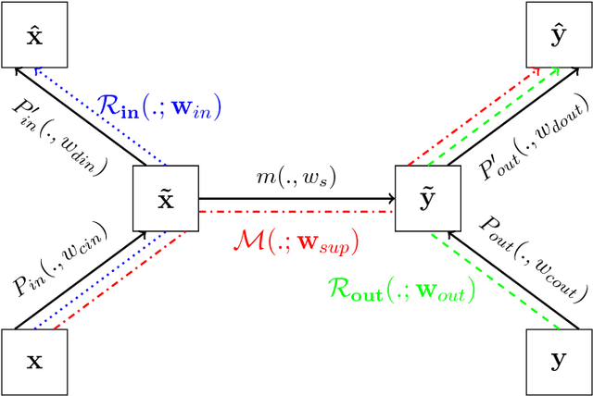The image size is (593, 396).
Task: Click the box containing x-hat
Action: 33,33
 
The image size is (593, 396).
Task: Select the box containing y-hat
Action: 560,33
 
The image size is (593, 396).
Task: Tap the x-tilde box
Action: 165,198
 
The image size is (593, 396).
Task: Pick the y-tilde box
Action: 427,198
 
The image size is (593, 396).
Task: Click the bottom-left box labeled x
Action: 33,362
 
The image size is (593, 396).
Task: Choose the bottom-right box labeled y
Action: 560,362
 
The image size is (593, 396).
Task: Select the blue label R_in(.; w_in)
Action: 159,107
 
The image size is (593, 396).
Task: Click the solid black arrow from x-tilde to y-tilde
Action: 296,198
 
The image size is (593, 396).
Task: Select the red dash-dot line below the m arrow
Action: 296,212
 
